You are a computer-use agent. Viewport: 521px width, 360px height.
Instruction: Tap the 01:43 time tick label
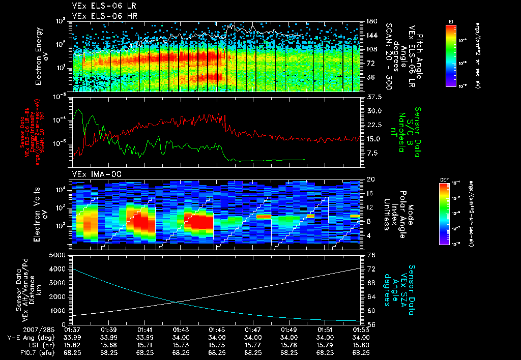coord(181,330)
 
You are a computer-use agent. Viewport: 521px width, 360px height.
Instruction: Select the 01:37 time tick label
coord(73,330)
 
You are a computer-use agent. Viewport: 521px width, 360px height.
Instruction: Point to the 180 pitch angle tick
coord(370,21)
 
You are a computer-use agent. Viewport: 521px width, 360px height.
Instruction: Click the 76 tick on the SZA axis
coord(370,255)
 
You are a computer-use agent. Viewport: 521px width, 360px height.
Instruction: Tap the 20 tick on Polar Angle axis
coord(370,179)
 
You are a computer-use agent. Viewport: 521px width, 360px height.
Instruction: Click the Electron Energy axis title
coord(42,56)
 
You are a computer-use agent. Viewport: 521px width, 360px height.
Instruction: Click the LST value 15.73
coord(181,345)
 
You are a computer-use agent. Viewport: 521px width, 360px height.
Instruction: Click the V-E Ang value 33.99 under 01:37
coord(73,338)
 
